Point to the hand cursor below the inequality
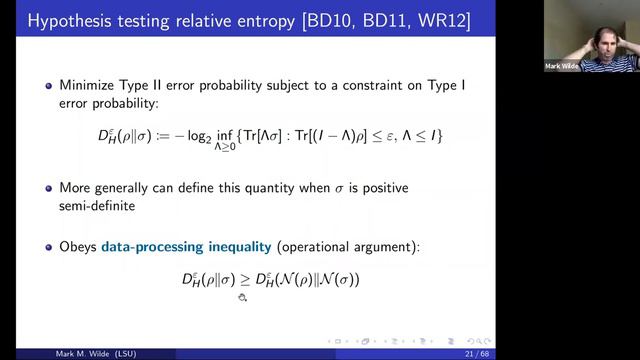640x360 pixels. [x=242, y=297]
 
